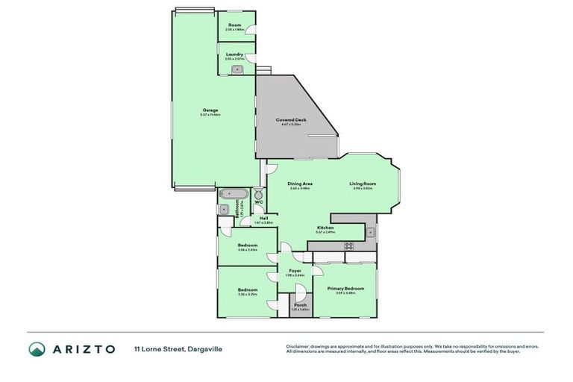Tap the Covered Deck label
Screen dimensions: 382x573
click(291, 120)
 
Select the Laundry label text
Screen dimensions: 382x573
click(235, 54)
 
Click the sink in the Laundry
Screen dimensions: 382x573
click(237, 69)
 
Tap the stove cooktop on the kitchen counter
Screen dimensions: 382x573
click(348, 245)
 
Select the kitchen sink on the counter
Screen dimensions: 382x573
click(371, 233)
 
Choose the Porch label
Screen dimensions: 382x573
click(300, 305)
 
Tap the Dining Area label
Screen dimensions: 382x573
click(301, 184)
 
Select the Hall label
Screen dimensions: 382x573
click(263, 219)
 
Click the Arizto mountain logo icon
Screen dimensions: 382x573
click(37, 349)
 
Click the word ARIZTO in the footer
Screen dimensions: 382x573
click(83, 349)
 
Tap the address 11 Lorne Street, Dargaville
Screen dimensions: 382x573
click(178, 348)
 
